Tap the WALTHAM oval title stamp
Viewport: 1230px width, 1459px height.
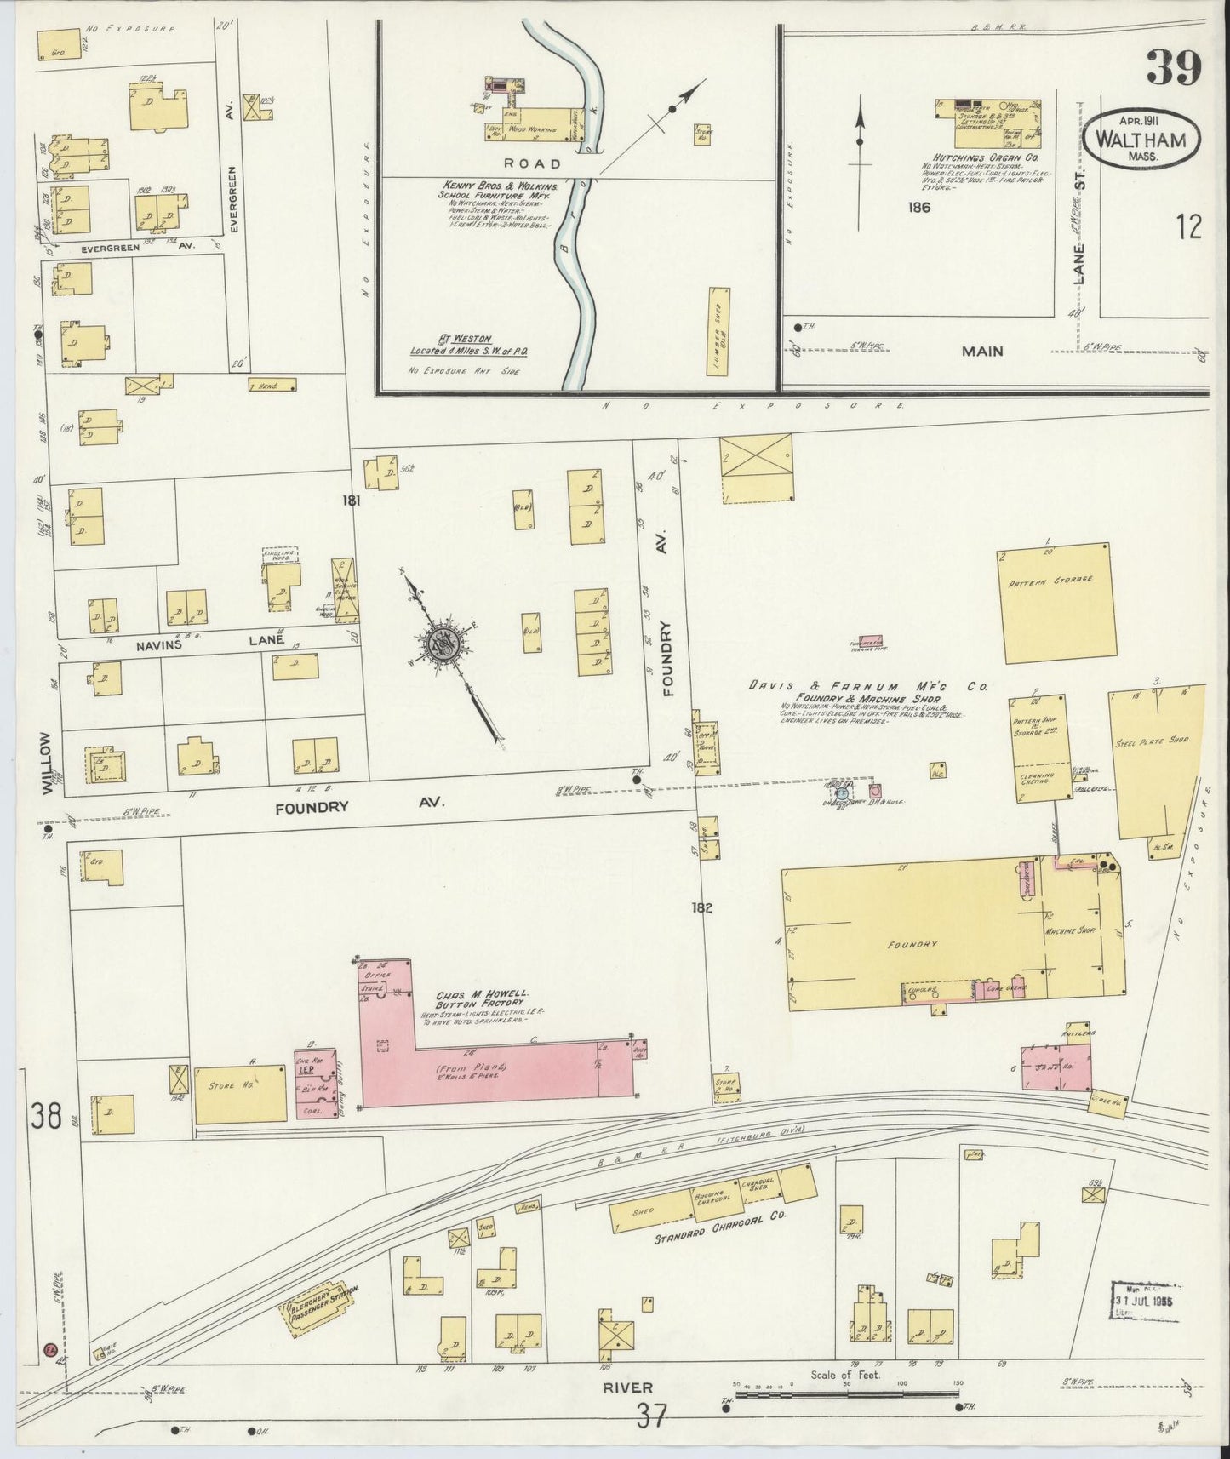[1141, 138]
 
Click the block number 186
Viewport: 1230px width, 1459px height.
[918, 207]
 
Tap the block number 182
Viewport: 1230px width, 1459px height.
[702, 907]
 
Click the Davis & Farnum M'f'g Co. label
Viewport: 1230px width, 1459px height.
[867, 685]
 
